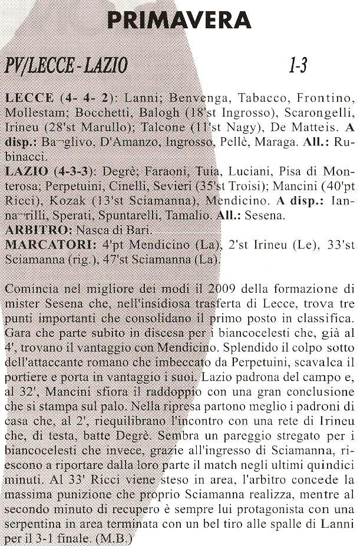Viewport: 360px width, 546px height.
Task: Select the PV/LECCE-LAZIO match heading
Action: (x=65, y=65)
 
